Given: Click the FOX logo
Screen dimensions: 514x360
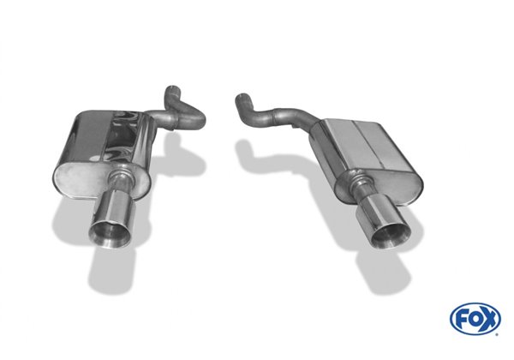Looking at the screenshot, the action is (475, 318).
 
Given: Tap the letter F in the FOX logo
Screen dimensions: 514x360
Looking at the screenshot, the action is (462, 318).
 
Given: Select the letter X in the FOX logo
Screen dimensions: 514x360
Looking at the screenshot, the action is (490, 318).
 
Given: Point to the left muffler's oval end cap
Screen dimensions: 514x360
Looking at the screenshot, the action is (102, 178).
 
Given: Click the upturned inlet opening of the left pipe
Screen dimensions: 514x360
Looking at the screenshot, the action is (172, 88).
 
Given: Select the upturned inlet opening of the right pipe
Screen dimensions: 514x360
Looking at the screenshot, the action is (243, 97).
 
